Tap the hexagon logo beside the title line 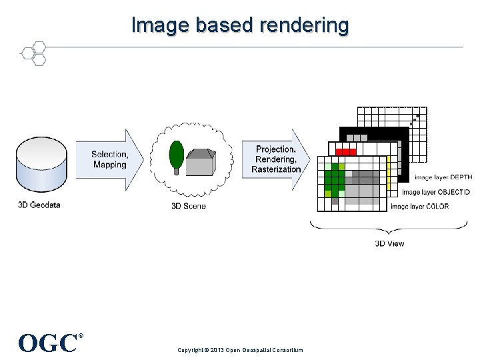coord(33,53)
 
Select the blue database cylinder coord(41,163)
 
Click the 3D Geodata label coord(39,205)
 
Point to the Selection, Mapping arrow coord(110,160)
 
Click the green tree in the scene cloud coord(177,156)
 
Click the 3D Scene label coord(189,206)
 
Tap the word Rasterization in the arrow coord(276,170)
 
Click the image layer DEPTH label coord(443,178)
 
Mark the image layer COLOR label coord(419,207)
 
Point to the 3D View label coord(389,243)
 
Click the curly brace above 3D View coord(389,227)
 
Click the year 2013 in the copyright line coord(217,350)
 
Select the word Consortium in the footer coord(288,350)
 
